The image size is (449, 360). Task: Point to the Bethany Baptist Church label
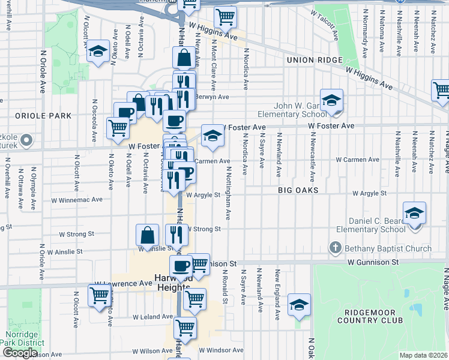tap(388, 248)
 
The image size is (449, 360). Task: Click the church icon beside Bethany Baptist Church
tap(336, 248)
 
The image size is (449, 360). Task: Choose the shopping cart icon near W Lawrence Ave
tap(99, 295)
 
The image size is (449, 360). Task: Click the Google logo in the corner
tap(19, 353)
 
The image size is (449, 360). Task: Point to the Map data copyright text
tap(423, 355)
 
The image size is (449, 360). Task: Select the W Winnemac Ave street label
tap(80, 199)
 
